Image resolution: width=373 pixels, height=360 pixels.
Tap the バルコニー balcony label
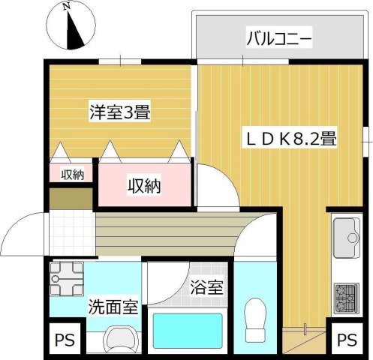click(x=278, y=37)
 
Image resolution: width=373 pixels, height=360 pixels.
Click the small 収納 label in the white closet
click(x=72, y=175)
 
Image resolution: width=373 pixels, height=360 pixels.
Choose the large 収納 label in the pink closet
click(x=143, y=185)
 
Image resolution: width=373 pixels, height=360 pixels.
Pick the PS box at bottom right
click(x=344, y=339)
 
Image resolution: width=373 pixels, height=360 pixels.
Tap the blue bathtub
click(x=188, y=331)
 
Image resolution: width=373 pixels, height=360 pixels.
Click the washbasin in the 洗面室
click(x=119, y=338)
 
